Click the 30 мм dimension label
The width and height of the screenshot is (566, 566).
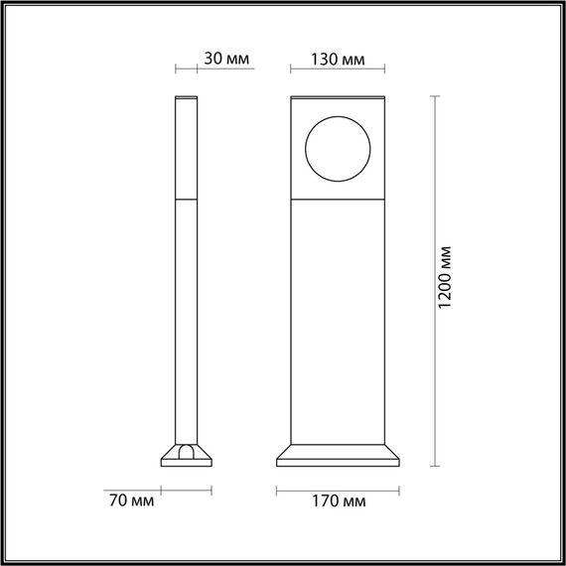click(x=225, y=59)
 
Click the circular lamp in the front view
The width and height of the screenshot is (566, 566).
click(x=339, y=148)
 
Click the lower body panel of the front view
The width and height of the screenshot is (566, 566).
click(x=339, y=318)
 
